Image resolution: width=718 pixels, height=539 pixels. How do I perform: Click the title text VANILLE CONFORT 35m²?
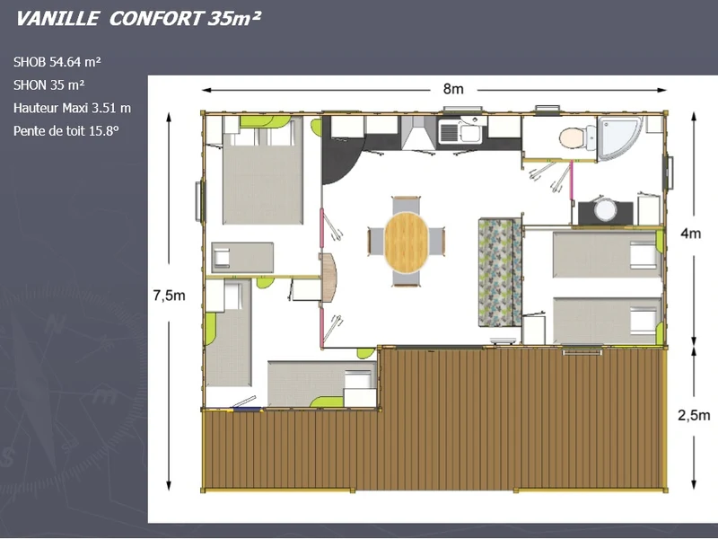click(138, 19)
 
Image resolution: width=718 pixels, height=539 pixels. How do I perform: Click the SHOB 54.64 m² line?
click(57, 62)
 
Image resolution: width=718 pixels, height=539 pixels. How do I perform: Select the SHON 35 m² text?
click(49, 84)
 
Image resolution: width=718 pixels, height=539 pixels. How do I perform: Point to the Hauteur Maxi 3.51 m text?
click(72, 108)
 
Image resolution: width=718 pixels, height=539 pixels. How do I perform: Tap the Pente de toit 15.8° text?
click(66, 131)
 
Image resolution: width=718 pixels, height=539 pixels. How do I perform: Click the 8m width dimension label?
click(453, 89)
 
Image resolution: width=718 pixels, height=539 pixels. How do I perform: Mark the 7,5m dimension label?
click(169, 296)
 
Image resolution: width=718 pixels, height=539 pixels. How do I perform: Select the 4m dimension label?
click(690, 234)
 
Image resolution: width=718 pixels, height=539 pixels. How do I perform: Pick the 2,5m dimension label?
click(694, 415)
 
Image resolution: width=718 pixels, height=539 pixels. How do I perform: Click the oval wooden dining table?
click(406, 242)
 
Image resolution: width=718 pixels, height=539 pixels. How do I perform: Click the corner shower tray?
click(620, 137)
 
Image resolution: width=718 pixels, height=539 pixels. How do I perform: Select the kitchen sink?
click(461, 130)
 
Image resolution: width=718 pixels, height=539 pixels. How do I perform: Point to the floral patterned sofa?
click(500, 273)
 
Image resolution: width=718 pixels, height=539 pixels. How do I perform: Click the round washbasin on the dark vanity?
click(605, 209)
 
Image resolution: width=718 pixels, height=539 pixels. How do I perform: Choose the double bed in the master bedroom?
click(263, 170)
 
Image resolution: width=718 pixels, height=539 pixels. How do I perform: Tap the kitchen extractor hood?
click(418, 133)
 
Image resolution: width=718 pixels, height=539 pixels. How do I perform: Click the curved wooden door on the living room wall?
click(329, 278)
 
